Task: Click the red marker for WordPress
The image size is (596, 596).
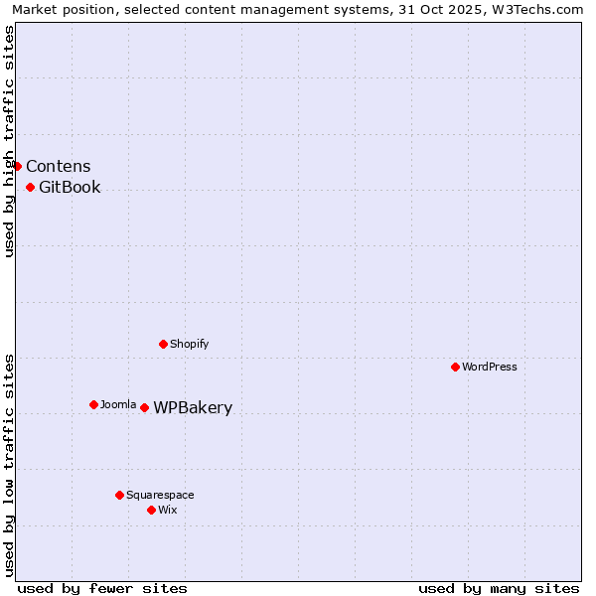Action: pyautogui.click(x=456, y=367)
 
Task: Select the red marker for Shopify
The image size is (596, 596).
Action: pyautogui.click(x=164, y=344)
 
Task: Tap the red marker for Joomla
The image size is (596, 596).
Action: pyautogui.click(x=94, y=404)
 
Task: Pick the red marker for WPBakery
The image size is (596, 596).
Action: pyautogui.click(x=145, y=407)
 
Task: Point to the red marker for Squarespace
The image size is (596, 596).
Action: pyautogui.click(x=120, y=495)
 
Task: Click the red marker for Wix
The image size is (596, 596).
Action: pyautogui.click(x=152, y=510)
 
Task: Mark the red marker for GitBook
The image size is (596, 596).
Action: pyautogui.click(x=31, y=187)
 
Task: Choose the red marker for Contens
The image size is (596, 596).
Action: pyautogui.click(x=18, y=166)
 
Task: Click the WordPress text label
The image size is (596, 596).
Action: pyautogui.click(x=490, y=367)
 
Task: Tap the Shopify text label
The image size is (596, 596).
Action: pyautogui.click(x=190, y=344)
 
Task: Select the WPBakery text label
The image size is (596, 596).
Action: pyautogui.click(x=193, y=408)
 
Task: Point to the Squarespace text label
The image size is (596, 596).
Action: pyautogui.click(x=160, y=495)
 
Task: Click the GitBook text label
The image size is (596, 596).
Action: pyautogui.click(x=70, y=188)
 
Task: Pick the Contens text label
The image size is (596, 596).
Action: pyautogui.click(x=59, y=167)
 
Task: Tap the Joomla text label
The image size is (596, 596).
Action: pyautogui.click(x=118, y=404)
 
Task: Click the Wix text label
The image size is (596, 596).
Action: pyautogui.click(x=168, y=510)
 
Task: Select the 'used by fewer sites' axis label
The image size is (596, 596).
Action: pyautogui.click(x=102, y=588)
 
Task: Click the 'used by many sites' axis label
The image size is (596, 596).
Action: pyautogui.click(x=499, y=588)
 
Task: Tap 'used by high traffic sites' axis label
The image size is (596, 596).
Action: pyautogui.click(x=10, y=141)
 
